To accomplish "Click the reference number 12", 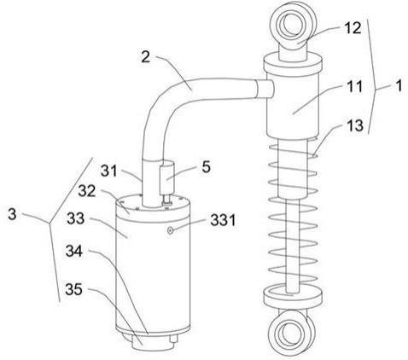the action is click(353, 28).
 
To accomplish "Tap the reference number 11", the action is click(354, 87).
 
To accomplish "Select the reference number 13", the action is click(354, 125).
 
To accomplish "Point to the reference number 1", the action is click(399, 85).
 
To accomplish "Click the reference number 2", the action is click(146, 57).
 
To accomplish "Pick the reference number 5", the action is click(206, 167).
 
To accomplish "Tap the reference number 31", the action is click(109, 171).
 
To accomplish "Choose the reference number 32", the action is click(87, 191).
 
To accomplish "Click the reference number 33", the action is click(76, 218).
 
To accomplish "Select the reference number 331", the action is click(223, 220).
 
